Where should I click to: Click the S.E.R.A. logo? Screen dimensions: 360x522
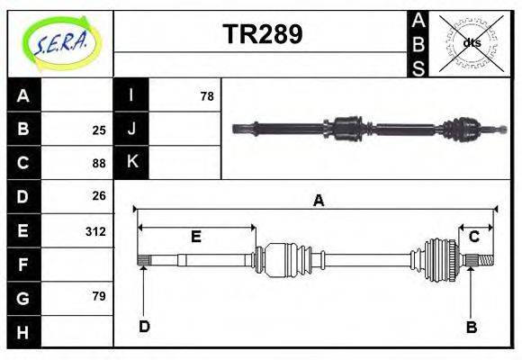[x=59, y=41]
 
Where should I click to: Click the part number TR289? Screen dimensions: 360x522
[x=262, y=34]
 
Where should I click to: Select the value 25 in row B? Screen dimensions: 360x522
[x=99, y=130]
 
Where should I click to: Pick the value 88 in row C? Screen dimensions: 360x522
[x=99, y=163]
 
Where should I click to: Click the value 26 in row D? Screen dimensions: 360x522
[x=99, y=195]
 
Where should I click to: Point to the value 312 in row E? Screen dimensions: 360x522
[x=95, y=231]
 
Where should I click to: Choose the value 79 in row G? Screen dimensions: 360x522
[x=99, y=296]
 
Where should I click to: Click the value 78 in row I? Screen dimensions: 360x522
[x=206, y=95]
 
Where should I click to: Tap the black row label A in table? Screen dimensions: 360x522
[x=23, y=95]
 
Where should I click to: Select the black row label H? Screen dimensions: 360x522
[x=23, y=332]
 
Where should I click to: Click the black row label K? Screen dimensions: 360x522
[x=131, y=162]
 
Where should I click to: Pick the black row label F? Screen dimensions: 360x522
[x=23, y=265]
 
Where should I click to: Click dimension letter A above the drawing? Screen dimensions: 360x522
[x=318, y=202]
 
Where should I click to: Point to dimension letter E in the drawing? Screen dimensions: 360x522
[x=195, y=237]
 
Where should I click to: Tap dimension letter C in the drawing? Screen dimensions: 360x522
[x=473, y=237]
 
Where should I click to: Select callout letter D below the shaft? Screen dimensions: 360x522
[x=143, y=326]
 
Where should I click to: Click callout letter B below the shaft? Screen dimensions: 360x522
[x=471, y=327]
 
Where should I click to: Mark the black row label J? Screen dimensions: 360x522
[x=131, y=129]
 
